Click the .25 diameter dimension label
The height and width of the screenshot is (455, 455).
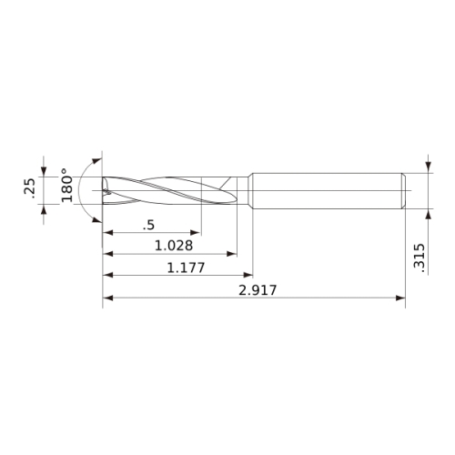pos(29,188)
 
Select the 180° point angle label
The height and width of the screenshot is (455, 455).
pos(66,185)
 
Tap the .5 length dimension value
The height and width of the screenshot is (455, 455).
pos(148,225)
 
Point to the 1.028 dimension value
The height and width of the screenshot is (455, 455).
pos(174,246)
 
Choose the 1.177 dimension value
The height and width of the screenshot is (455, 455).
pos(187,268)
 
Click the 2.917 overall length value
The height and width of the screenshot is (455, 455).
pos(258,290)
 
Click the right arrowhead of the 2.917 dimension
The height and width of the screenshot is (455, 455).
pos(400,298)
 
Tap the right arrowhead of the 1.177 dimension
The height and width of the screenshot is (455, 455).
pos(248,275)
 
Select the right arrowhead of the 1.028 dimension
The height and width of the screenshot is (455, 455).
pos(232,254)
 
